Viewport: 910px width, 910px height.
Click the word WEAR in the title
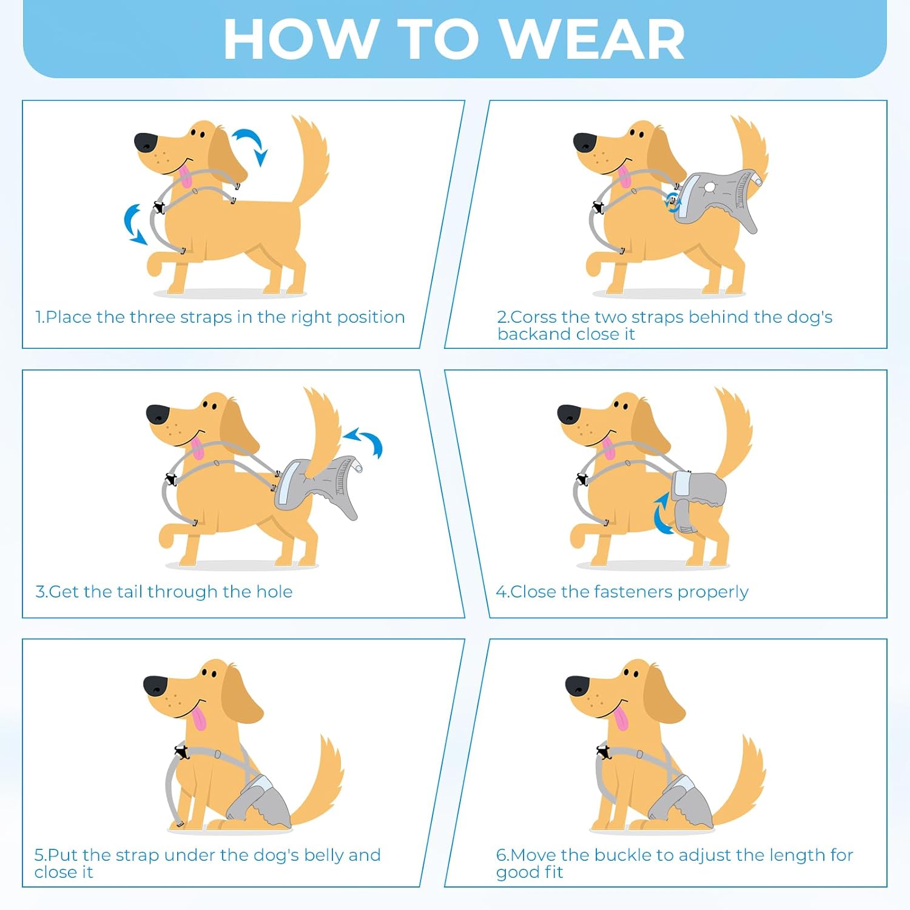point(594,39)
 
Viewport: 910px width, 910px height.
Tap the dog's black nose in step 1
point(146,142)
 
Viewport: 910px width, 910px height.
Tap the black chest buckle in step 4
point(582,479)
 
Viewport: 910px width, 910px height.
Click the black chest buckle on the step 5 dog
point(181,752)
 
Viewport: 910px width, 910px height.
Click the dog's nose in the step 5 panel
point(155,686)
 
